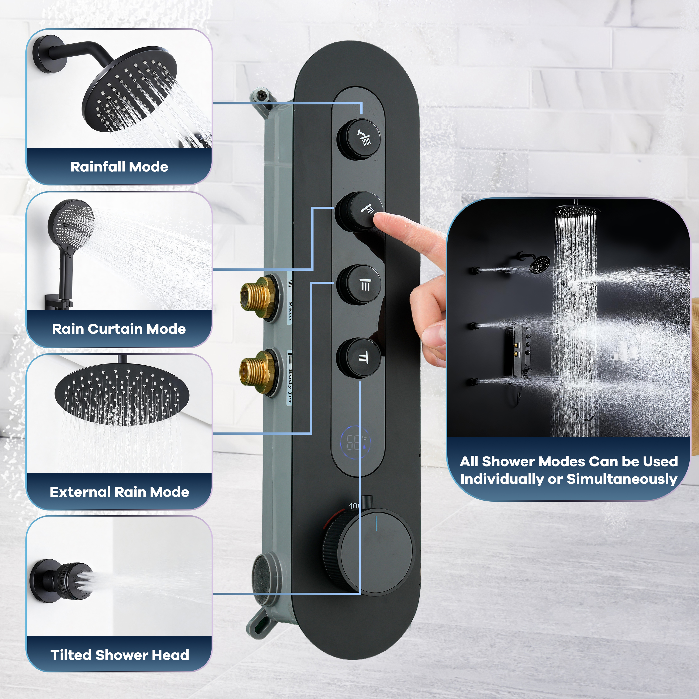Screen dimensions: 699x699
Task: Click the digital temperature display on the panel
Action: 356,442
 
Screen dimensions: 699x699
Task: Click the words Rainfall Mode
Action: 119,167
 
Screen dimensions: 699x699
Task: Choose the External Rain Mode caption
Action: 119,492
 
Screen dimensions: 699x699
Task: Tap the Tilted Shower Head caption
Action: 119,655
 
